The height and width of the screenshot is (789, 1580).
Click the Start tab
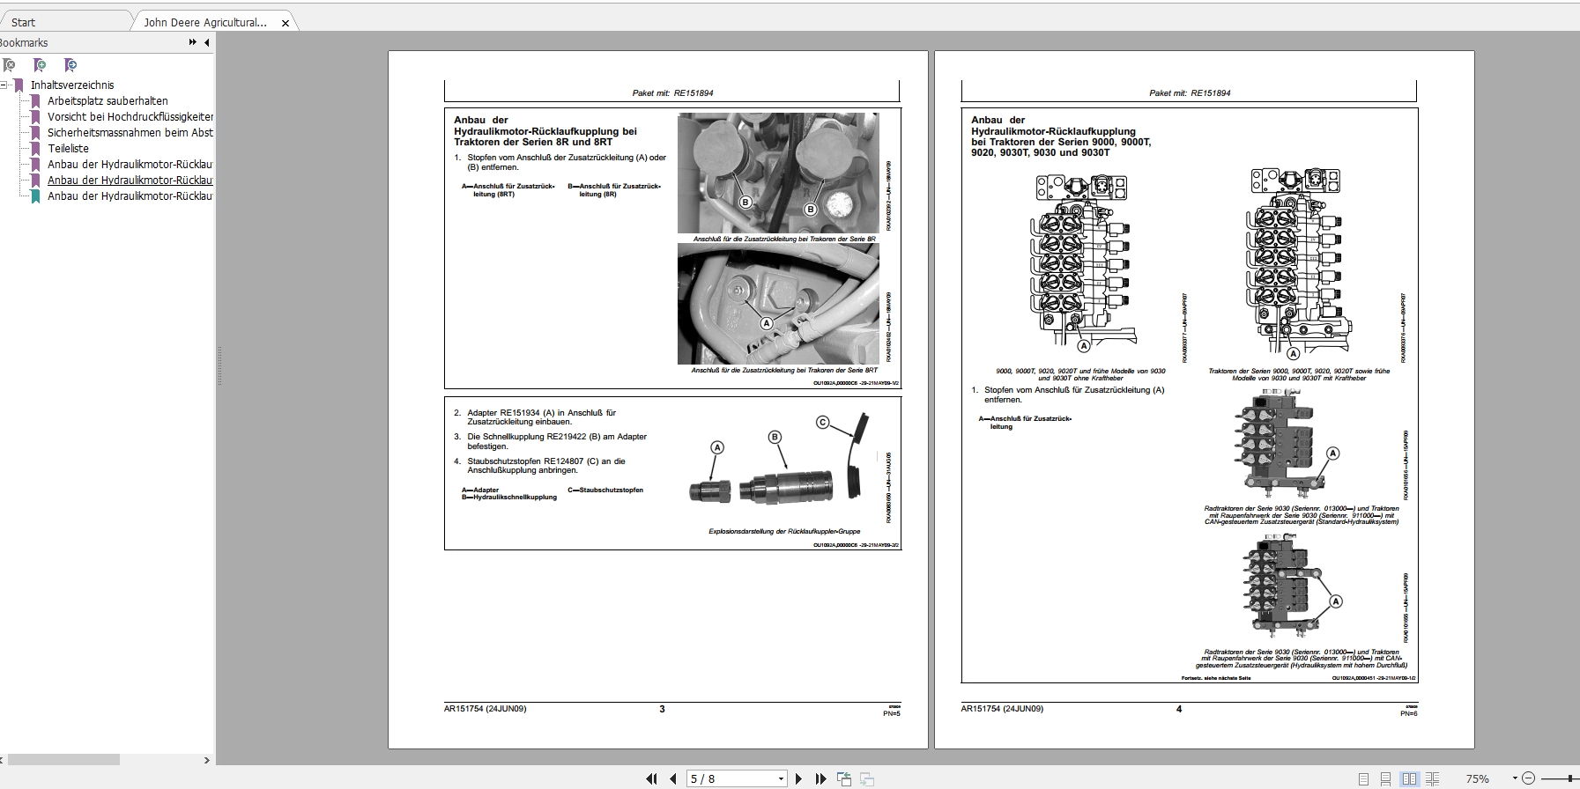(x=24, y=22)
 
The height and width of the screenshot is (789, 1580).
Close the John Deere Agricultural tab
(x=285, y=23)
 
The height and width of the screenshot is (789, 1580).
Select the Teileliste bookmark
(x=68, y=149)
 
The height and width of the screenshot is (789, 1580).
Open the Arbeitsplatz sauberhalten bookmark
(x=108, y=101)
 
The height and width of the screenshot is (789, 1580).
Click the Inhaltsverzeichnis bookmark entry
(x=72, y=85)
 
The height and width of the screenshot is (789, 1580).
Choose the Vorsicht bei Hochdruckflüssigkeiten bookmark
(x=130, y=117)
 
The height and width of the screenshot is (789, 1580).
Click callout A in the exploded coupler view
(x=717, y=447)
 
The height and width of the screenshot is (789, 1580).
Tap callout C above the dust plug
(x=822, y=423)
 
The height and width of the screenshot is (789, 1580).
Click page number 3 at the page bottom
(x=662, y=709)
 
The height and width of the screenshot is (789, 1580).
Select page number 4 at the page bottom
(x=1178, y=709)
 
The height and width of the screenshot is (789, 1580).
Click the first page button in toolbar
(x=651, y=778)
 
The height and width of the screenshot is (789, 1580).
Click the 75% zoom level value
(x=1477, y=778)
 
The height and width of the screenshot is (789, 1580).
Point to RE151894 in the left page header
(x=694, y=93)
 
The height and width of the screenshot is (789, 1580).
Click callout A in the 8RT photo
(x=767, y=323)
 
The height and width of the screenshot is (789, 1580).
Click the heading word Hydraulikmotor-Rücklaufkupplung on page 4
(x=1053, y=132)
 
